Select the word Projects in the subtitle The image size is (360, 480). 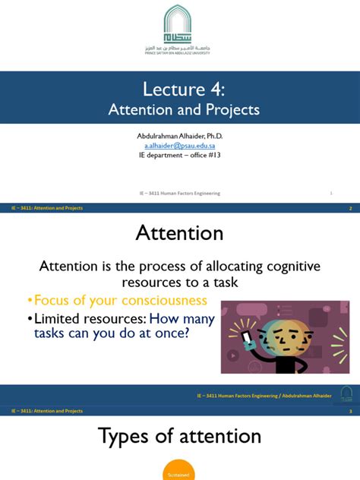(226, 110)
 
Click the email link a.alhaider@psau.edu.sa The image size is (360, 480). (179, 145)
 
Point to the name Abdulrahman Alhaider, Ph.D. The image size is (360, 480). (179, 135)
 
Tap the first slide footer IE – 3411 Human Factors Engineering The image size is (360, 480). (180, 193)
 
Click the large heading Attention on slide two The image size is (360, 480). (179, 232)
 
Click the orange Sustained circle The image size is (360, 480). (179, 472)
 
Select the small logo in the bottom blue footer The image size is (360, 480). (346, 393)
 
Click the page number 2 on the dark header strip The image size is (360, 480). (350, 207)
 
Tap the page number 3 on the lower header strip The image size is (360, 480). (350, 411)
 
